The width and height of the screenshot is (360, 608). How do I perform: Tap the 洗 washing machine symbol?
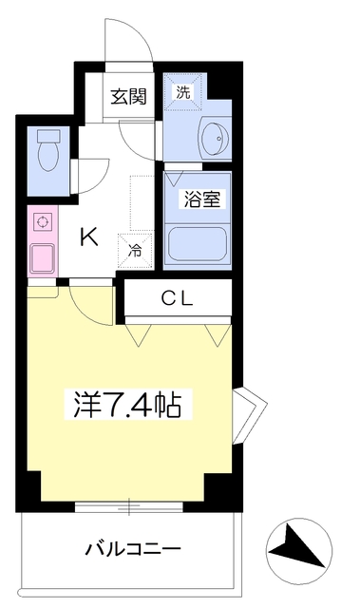[182, 92]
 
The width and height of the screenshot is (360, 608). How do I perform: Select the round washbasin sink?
[215, 139]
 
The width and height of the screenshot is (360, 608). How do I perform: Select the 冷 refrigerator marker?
[135, 253]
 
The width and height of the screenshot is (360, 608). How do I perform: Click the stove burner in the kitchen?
[42, 222]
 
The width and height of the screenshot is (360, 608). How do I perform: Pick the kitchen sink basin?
[43, 256]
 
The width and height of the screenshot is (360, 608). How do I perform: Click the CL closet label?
[176, 298]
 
